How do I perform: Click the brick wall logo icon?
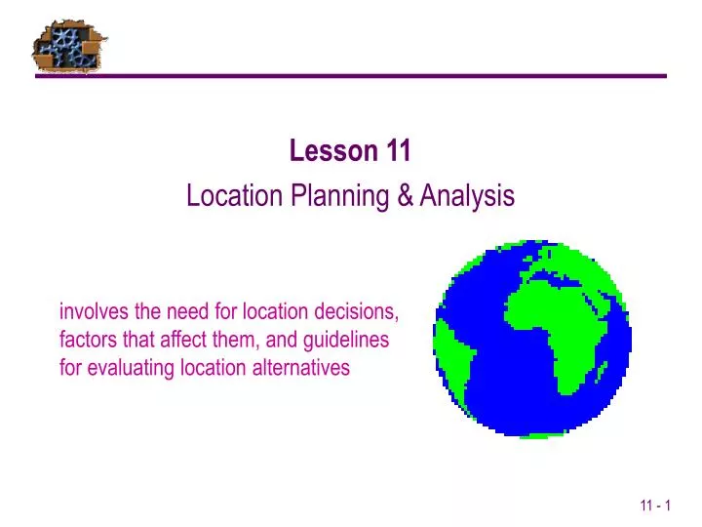(x=69, y=46)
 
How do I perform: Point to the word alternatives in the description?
(x=303, y=368)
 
